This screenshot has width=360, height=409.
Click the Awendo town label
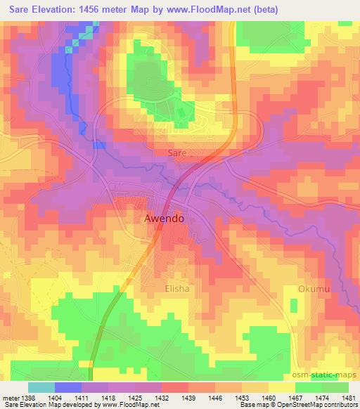coord(164,219)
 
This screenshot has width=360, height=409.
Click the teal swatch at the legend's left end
coord(41,387)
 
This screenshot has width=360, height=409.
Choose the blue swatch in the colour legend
coord(68,387)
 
